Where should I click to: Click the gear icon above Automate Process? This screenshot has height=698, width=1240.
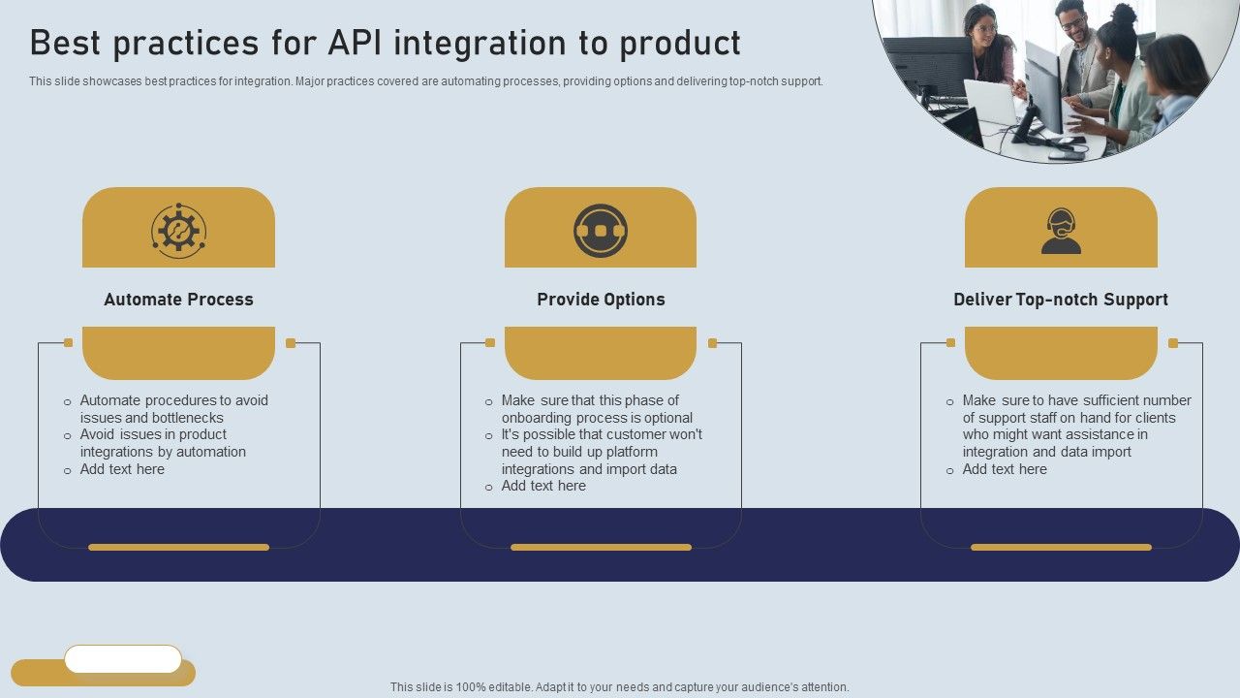click(178, 231)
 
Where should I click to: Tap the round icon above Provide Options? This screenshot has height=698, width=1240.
click(601, 231)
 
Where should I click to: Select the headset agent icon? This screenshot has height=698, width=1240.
click(1061, 231)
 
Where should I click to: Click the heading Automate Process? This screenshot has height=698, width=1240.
click(178, 300)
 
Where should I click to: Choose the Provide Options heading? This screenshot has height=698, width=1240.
click(601, 300)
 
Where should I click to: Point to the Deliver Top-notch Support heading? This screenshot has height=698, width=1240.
click(1061, 300)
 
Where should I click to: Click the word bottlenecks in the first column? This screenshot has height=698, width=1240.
click(187, 418)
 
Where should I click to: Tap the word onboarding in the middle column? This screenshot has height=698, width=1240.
click(537, 418)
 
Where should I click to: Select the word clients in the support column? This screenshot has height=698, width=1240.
click(1154, 418)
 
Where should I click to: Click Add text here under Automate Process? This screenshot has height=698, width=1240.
click(122, 469)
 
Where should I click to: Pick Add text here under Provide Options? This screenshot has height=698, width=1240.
click(543, 486)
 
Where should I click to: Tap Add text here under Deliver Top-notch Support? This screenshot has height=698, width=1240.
click(1005, 469)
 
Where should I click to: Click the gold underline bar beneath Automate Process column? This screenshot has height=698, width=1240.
click(178, 547)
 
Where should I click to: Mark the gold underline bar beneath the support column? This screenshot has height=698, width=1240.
click(1061, 547)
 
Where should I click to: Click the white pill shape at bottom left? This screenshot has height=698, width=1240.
click(123, 659)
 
